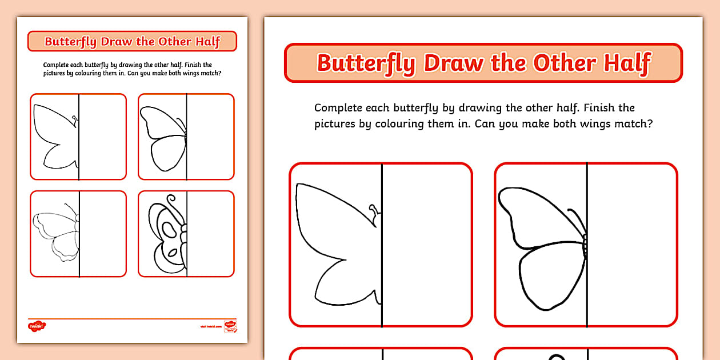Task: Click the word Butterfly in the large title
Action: pyautogui.click(x=366, y=63)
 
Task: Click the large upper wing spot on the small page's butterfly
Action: pyautogui.click(x=169, y=230)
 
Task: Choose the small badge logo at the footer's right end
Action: pyautogui.click(x=230, y=326)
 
